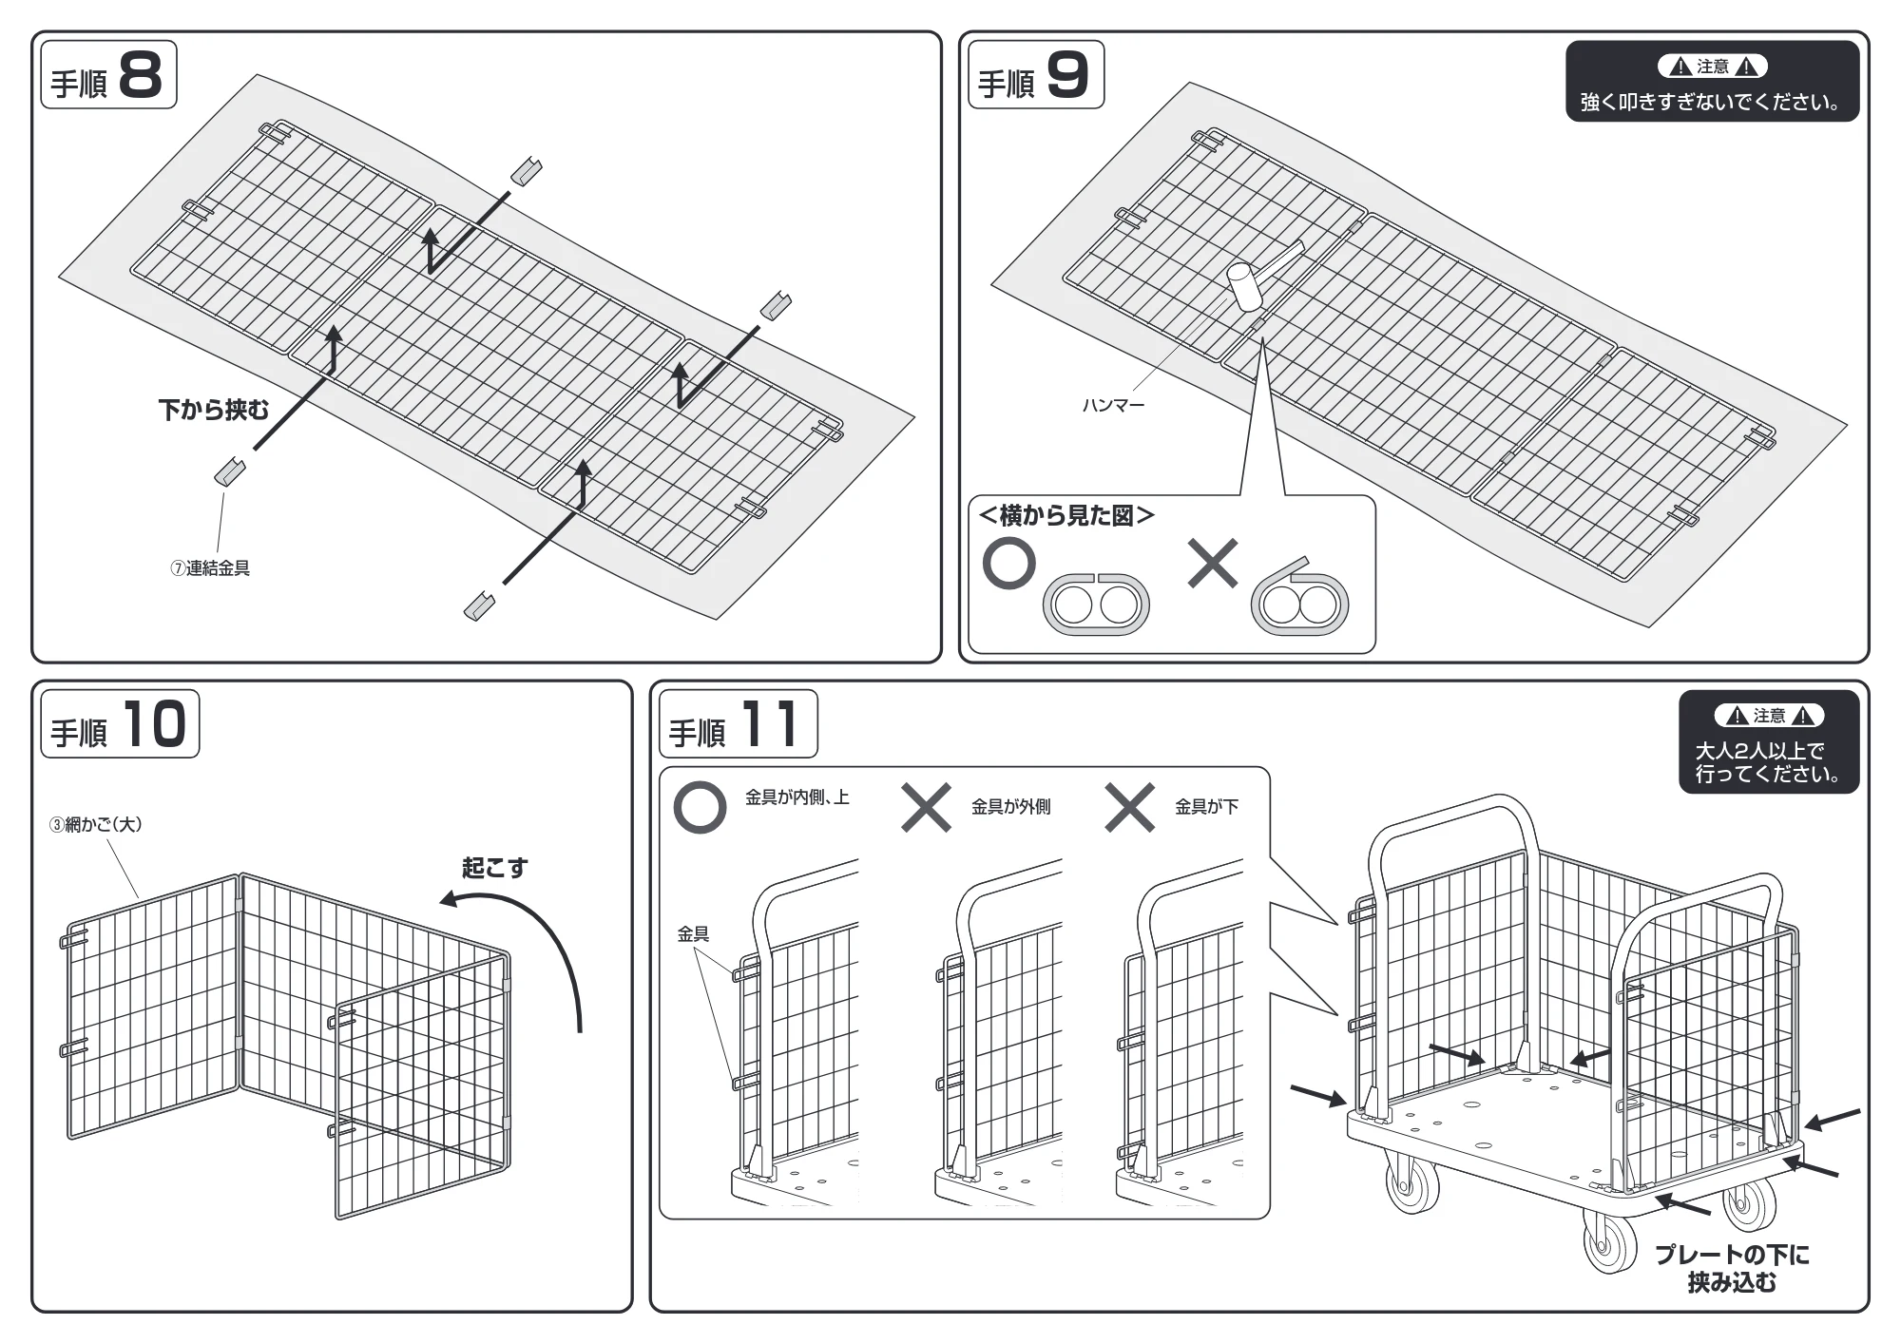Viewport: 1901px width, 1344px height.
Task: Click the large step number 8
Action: pos(142,74)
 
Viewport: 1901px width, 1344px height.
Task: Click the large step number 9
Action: pos(1067,74)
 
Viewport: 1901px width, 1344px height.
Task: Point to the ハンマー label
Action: pos(1113,406)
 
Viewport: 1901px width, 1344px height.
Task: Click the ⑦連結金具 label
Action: pos(210,568)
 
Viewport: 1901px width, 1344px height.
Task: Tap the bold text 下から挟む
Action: pos(214,410)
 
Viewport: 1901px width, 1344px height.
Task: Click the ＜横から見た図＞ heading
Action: pos(1066,515)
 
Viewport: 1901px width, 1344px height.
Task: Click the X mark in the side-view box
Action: pos(1213,564)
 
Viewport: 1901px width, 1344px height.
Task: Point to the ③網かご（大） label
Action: pos(96,824)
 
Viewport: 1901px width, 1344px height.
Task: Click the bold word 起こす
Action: pos(494,868)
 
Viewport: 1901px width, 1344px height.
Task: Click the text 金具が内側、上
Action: pos(797,797)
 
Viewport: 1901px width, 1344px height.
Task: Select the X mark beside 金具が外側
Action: pos(926,808)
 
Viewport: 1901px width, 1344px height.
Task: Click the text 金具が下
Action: pos(1207,807)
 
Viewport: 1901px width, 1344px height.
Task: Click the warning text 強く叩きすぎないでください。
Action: pos(1711,103)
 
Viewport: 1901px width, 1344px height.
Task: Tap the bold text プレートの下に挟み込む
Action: pos(1732,1269)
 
